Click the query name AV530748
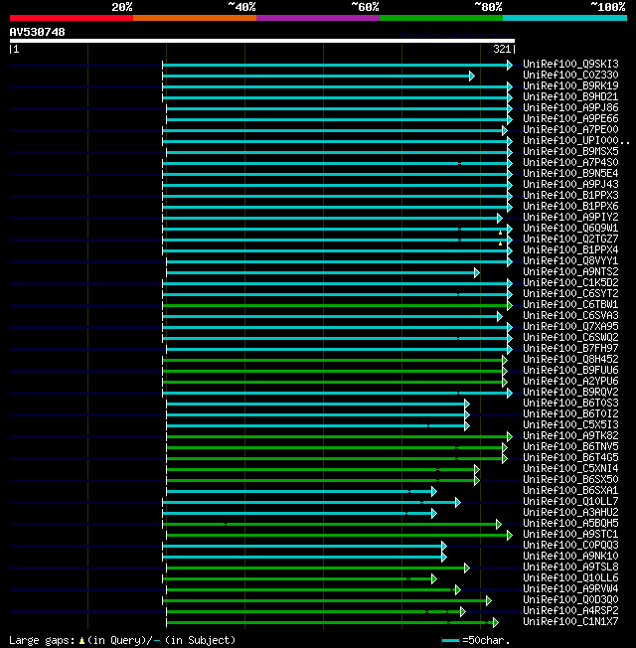38,32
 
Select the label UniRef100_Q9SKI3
570,65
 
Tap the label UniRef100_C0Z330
570,76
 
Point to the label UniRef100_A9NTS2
570,272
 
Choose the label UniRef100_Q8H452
570,360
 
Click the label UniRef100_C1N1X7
570,622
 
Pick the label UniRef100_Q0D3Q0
570,600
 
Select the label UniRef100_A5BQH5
570,524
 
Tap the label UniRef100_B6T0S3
570,404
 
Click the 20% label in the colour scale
121,7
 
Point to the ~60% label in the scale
365,7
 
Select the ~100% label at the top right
607,7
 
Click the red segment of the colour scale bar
71,18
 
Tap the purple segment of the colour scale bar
317,18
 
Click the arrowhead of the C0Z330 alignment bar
472,76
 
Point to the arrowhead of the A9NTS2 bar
476,272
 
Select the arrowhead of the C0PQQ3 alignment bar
443,546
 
